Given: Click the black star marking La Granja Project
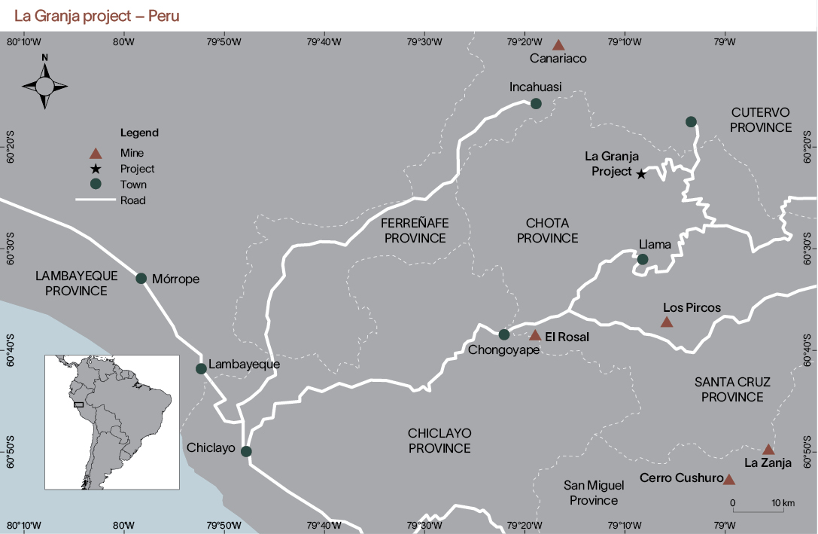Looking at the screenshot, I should click(x=641, y=174).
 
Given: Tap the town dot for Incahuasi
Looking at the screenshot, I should click(x=536, y=103).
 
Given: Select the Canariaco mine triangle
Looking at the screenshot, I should click(x=558, y=46).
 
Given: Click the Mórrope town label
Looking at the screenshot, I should click(x=175, y=279).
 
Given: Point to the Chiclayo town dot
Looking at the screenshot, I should click(x=245, y=451).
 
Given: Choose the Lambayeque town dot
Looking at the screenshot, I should click(x=201, y=368).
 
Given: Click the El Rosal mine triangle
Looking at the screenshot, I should click(x=535, y=336).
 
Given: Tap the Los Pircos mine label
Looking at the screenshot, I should click(x=692, y=307).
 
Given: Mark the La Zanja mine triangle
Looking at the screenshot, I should click(x=768, y=450).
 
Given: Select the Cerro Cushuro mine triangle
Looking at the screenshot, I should click(x=728, y=479).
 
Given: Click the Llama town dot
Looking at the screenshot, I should click(x=643, y=259).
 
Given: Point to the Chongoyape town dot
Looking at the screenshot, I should click(x=504, y=334).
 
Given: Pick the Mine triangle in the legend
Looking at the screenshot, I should click(x=96, y=154).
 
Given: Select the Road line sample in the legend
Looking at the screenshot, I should click(x=96, y=200).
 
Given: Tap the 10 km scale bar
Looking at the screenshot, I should click(x=759, y=511).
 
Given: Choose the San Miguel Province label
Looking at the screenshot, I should click(x=591, y=493).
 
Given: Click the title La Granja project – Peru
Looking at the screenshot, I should click(x=96, y=16).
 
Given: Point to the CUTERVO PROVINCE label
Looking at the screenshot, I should click(x=761, y=120).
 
